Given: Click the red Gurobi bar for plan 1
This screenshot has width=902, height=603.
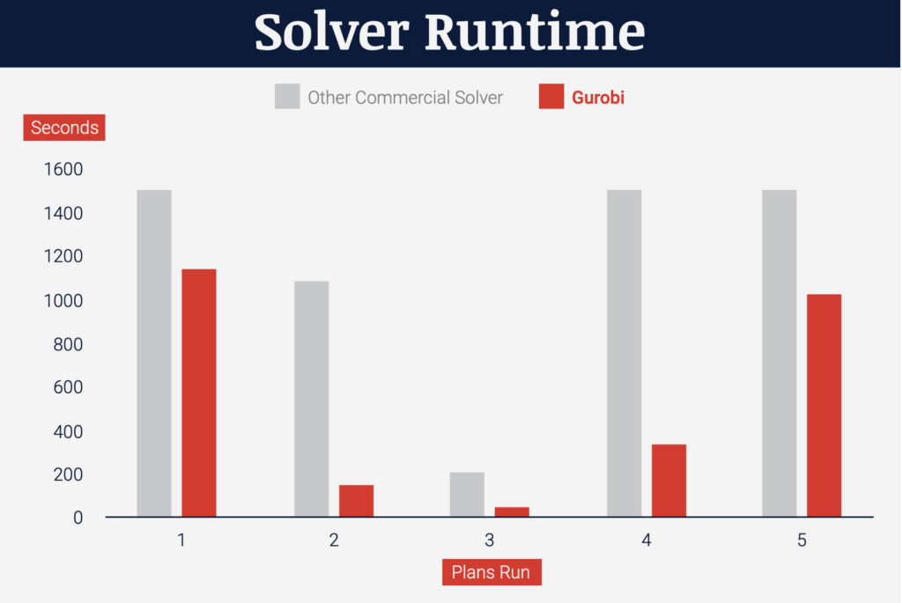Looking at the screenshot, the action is click(199, 393).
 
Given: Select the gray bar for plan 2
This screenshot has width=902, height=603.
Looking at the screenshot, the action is click(312, 399).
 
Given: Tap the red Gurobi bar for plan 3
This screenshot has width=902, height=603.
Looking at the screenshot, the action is click(512, 512).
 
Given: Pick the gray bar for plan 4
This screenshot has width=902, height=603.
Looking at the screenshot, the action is click(625, 354).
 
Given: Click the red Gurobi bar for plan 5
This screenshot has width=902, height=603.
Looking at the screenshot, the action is click(824, 405).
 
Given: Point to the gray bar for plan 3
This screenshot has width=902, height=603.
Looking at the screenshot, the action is click(467, 495).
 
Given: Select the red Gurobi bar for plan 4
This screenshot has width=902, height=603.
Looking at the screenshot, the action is click(669, 481).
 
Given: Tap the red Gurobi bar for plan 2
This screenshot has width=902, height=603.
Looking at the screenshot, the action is click(356, 501).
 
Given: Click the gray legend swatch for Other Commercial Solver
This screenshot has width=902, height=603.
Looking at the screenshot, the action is click(287, 96).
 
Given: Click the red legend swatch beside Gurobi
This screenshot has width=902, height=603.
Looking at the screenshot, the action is click(551, 96).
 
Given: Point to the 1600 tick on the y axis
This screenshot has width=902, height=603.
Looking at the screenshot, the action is click(63, 170).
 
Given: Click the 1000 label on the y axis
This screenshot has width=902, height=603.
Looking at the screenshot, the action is click(63, 301).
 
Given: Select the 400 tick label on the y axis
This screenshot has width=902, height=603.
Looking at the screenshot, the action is click(68, 431).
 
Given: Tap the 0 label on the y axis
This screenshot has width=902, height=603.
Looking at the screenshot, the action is click(78, 518).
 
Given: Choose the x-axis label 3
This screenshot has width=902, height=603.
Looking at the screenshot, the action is click(489, 540).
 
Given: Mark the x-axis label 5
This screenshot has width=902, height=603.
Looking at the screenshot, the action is click(802, 540).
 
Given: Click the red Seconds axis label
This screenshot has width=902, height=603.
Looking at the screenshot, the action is click(64, 128).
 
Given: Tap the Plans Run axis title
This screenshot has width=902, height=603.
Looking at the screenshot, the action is click(492, 572).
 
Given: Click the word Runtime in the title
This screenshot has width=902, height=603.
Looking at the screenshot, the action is click(535, 33).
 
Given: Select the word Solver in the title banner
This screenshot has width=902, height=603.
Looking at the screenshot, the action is click(332, 33).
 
